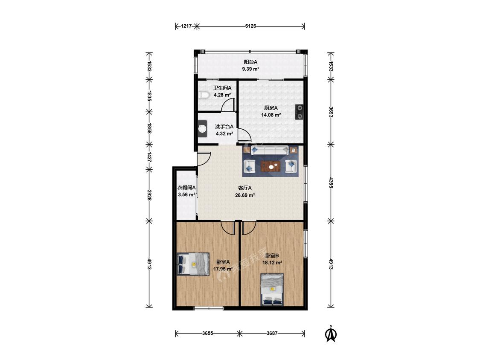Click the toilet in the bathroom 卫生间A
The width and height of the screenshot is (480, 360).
(x=203, y=95)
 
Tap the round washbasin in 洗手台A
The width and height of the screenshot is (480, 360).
(x=202, y=128)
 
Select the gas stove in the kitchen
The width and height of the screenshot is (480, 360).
(x=299, y=112)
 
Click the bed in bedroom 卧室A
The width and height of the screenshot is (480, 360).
(x=193, y=264)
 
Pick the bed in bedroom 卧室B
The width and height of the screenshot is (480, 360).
(x=272, y=290)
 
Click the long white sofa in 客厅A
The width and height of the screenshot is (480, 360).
(x=270, y=150)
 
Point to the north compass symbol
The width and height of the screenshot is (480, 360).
(x=331, y=334)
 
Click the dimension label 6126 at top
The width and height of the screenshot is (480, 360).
(x=250, y=26)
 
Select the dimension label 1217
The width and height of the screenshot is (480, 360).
(x=186, y=26)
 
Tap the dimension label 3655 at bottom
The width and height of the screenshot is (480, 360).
(x=207, y=334)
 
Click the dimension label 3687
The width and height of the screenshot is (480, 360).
(x=272, y=334)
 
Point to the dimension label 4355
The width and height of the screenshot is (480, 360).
(x=331, y=183)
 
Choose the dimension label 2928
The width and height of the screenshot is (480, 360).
(x=149, y=195)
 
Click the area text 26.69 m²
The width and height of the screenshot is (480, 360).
(x=245, y=195)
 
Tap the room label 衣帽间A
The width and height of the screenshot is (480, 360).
(x=187, y=188)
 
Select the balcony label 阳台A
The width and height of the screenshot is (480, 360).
(x=250, y=62)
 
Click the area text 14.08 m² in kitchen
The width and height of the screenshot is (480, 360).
(x=271, y=115)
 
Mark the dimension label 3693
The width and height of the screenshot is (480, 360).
(x=331, y=112)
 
